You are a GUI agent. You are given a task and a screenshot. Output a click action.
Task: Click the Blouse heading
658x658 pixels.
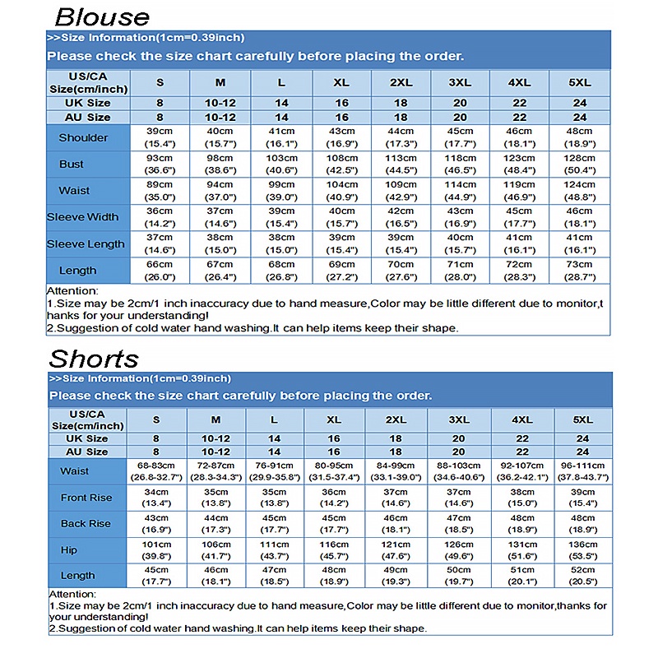(102, 16)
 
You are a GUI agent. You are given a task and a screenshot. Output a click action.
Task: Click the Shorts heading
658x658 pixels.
(94, 359)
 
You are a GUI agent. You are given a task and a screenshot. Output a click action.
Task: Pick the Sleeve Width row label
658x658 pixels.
(82, 217)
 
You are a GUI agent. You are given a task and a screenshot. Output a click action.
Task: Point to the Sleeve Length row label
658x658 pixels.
(86, 244)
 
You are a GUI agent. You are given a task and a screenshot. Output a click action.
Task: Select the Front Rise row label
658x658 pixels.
(85, 498)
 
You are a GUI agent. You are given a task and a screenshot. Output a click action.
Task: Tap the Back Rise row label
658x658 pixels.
(85, 524)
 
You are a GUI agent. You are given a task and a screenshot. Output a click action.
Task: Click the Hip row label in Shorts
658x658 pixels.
(69, 550)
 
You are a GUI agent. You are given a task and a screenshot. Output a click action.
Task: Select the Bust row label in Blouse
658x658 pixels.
(72, 164)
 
